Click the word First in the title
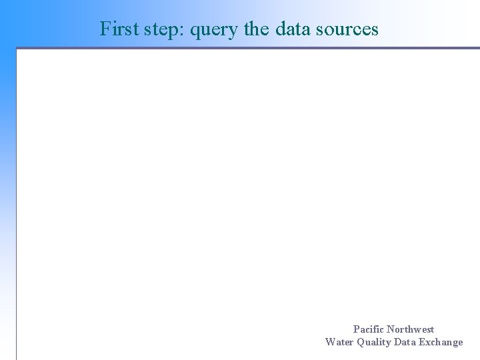point(120,29)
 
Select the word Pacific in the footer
point(368,329)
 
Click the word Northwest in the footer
point(410,329)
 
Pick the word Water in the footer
point(339,342)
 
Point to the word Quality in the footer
point(374,343)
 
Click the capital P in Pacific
point(356,329)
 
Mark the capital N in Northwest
point(390,329)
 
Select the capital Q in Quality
point(361,343)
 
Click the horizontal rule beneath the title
point(247,48)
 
